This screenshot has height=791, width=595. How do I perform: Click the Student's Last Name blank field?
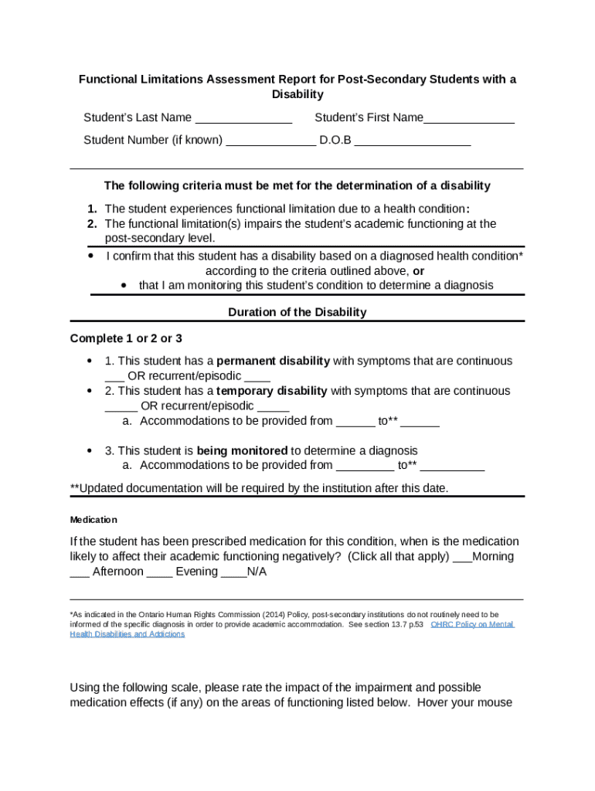coord(243,119)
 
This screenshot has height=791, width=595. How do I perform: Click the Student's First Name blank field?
coord(469,119)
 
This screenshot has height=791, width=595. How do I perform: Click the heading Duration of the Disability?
coord(297,313)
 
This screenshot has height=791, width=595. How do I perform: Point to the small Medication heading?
coord(93,520)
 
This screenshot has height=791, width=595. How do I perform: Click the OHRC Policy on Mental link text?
coord(472,624)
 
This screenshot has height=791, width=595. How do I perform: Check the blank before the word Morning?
coord(462,558)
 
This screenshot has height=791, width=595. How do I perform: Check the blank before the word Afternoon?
coord(79,573)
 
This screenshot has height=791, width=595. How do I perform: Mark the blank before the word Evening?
coord(159,573)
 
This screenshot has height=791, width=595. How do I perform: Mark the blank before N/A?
coord(233,573)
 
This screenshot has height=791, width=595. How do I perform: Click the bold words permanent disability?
coord(274,362)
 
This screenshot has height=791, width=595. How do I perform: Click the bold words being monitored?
coord(242,451)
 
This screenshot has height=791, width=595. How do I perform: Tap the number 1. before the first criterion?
coord(92,209)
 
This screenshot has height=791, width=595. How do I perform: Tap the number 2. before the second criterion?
coord(92,224)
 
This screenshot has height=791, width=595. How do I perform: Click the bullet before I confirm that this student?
coord(91,255)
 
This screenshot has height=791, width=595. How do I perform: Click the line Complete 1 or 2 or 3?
coord(126,339)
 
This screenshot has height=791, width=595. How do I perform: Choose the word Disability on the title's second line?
coord(297,94)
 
